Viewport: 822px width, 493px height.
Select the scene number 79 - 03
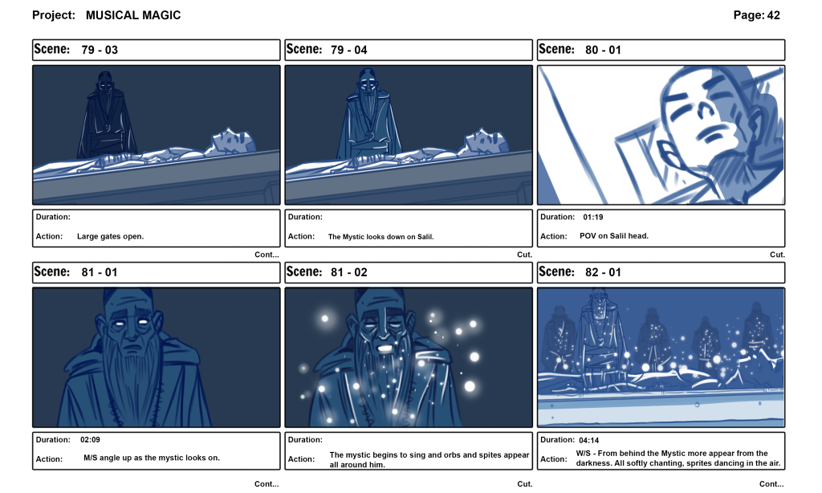tap(100, 50)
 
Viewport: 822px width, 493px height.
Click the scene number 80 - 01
tap(603, 50)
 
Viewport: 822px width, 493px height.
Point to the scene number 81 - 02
tap(349, 272)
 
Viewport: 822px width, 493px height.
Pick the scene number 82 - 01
tap(603, 272)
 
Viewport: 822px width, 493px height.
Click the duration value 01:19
tap(593, 217)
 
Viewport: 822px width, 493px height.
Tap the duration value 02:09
tap(90, 439)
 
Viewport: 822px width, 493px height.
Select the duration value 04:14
tap(590, 439)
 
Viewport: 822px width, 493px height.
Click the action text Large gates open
tap(110, 237)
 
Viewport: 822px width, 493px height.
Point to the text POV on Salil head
tap(613, 236)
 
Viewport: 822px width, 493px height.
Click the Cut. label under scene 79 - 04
tap(524, 255)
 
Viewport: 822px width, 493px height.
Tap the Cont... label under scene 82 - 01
tap(771, 484)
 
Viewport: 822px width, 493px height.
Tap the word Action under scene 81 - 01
tap(48, 458)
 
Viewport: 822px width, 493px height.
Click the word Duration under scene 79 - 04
tap(305, 217)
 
